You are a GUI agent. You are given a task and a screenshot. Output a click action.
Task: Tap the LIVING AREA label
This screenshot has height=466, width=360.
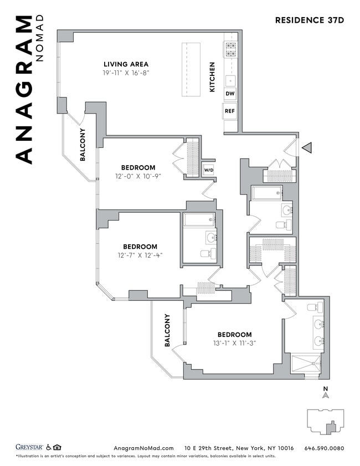[x=126, y=64]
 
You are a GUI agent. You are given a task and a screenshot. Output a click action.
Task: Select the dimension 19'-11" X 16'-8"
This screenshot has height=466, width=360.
[x=126, y=73]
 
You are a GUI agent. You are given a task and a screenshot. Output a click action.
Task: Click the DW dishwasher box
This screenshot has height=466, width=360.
[x=230, y=94]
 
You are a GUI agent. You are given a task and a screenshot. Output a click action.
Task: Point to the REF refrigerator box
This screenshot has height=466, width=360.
[x=230, y=111]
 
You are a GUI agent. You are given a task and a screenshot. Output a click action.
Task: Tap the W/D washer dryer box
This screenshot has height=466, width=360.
[x=208, y=170]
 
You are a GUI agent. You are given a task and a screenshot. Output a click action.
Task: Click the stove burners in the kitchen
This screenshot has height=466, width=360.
[x=230, y=49]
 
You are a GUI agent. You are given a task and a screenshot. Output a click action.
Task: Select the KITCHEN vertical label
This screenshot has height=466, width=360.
[x=212, y=76]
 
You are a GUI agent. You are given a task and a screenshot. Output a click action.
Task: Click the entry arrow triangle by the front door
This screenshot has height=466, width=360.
[x=307, y=148]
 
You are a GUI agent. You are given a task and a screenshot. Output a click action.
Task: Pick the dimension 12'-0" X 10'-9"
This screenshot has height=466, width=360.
[x=138, y=176]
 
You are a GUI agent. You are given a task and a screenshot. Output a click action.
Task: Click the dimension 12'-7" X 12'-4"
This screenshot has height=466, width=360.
[x=140, y=255]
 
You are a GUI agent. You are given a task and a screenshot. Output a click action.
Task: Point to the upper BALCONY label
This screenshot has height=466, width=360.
[x=83, y=145]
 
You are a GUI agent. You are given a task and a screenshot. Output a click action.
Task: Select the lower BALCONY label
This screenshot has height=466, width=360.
[x=167, y=331]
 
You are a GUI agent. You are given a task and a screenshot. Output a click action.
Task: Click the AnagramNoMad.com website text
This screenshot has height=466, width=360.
[x=143, y=448]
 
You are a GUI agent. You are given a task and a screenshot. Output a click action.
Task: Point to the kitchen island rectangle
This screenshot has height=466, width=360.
[x=192, y=69]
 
